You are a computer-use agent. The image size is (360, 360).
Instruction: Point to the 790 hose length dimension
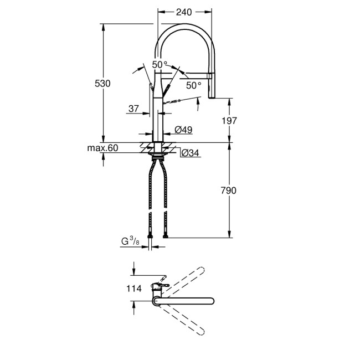tap(229, 191)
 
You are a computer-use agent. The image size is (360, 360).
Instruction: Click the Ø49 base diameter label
tap(183, 130)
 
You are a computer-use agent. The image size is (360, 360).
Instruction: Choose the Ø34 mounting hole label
tap(190, 153)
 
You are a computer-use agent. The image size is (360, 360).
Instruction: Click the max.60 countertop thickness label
tap(104, 148)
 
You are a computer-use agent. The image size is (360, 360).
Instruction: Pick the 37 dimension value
tap(133, 109)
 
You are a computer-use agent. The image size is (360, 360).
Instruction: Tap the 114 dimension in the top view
tap(135, 288)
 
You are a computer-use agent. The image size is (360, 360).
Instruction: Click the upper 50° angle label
tap(160, 65)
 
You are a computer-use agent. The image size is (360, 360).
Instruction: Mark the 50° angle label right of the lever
tap(193, 85)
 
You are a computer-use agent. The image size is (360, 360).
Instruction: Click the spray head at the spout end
tap(210, 86)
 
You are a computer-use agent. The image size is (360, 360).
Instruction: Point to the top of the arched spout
tap(185, 26)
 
